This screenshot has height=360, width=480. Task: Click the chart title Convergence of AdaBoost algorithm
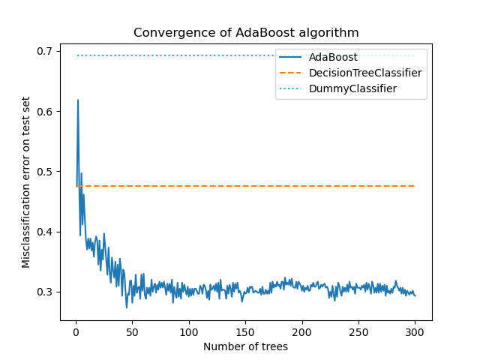tap(246, 33)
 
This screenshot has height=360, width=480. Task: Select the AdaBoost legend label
tap(333, 57)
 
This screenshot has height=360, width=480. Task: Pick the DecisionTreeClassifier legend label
tap(365, 73)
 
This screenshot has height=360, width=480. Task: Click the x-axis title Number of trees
tap(245, 346)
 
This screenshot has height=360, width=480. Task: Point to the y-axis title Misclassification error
tap(26, 181)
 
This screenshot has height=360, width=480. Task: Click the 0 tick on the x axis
tap(76, 331)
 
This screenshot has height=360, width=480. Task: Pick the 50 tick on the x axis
tap(132, 331)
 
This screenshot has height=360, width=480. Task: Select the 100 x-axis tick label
tap(189, 331)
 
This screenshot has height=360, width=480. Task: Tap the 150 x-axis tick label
tap(245, 331)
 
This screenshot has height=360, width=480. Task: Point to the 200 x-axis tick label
tap(302, 331)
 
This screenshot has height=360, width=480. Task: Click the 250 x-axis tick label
tap(358, 331)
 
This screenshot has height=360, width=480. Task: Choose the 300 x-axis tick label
tap(415, 331)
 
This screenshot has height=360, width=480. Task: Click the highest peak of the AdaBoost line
tap(77, 100)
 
